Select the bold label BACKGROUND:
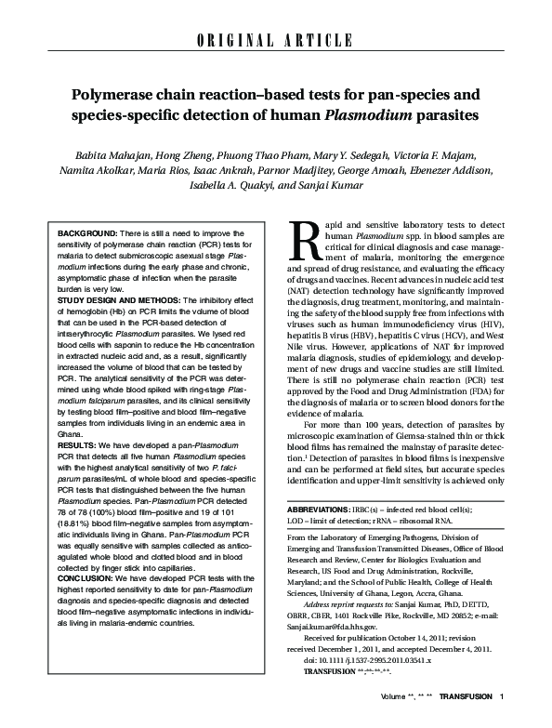point(84,230)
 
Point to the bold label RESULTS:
point(76,445)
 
